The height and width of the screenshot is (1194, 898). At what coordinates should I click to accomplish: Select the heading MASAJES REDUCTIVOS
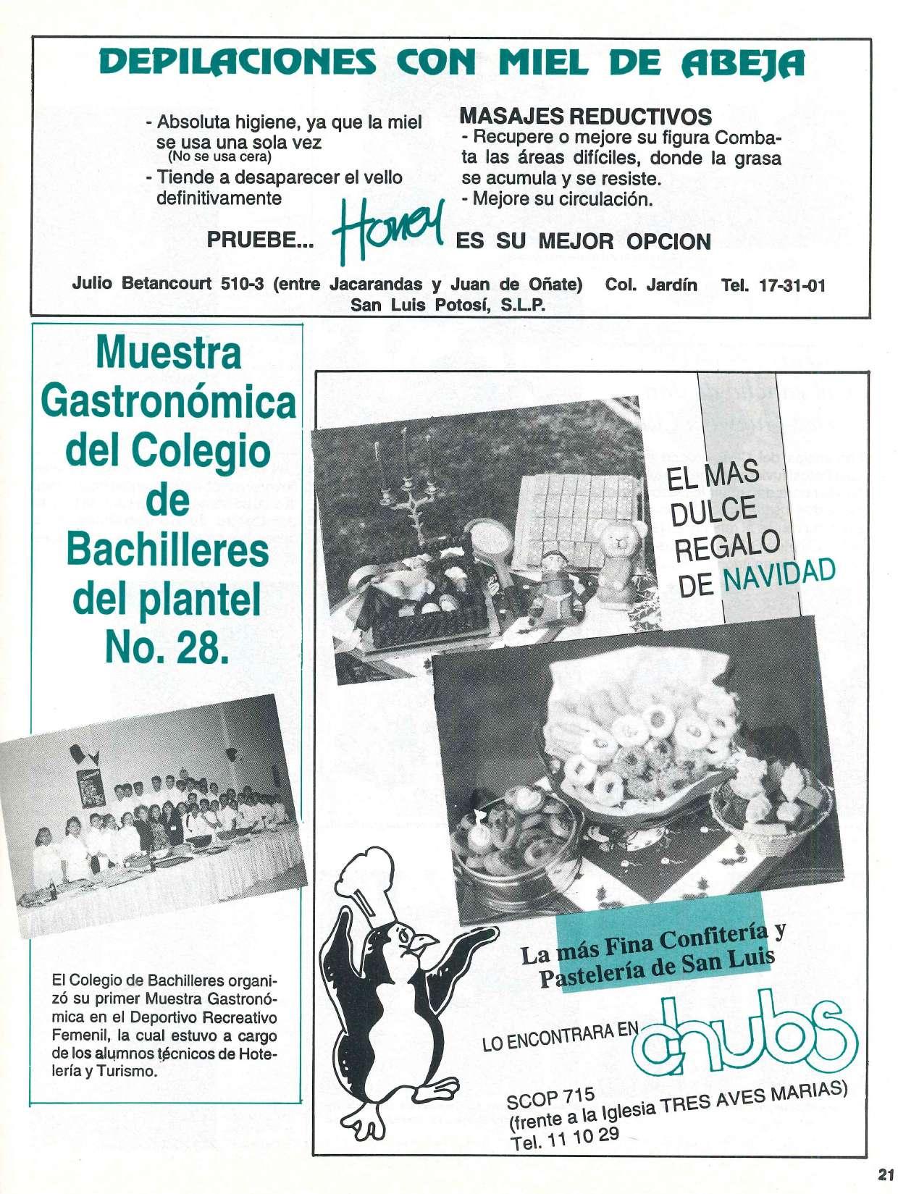pos(586,117)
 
